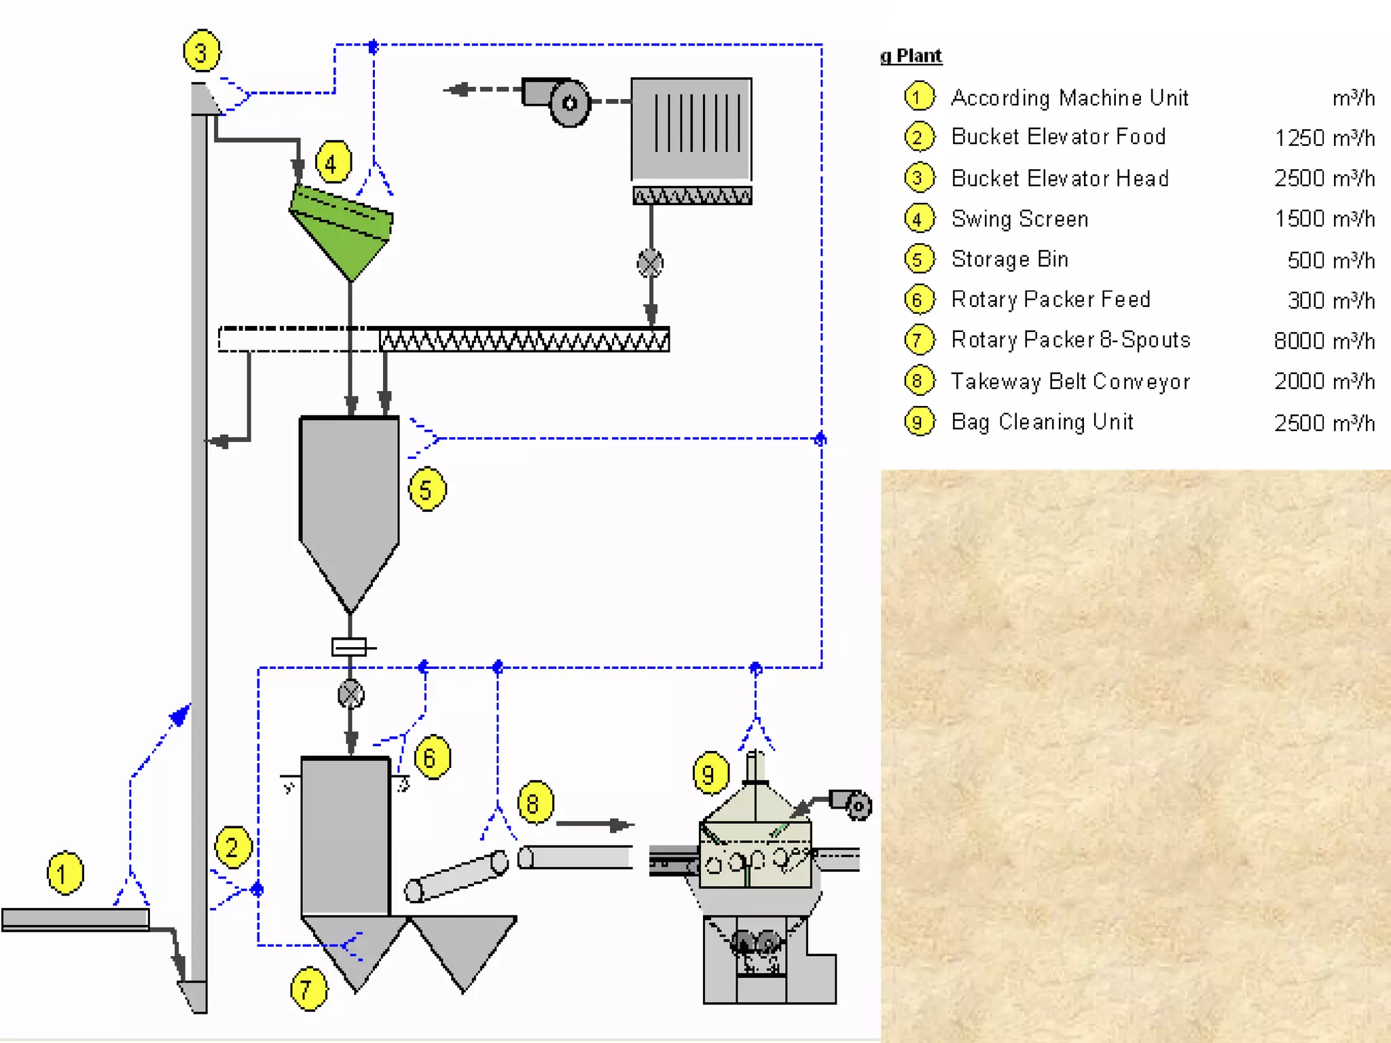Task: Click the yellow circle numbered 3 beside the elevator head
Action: [x=201, y=52]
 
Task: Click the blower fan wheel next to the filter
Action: [x=569, y=103]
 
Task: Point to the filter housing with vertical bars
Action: [x=691, y=129]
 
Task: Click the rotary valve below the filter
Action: [x=650, y=263]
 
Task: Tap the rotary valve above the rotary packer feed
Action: [x=350, y=694]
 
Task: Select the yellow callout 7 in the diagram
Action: [x=308, y=989]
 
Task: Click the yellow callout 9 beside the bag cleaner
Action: [x=710, y=773]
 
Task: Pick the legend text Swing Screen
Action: [x=1019, y=219]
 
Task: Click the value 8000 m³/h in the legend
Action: [x=1324, y=340]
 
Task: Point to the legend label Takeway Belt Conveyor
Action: [x=1070, y=381]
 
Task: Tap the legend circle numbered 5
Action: [x=919, y=259]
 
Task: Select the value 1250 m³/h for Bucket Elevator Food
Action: [x=1324, y=138]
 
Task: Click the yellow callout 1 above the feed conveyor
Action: [x=65, y=873]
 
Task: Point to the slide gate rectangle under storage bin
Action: [x=349, y=646]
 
